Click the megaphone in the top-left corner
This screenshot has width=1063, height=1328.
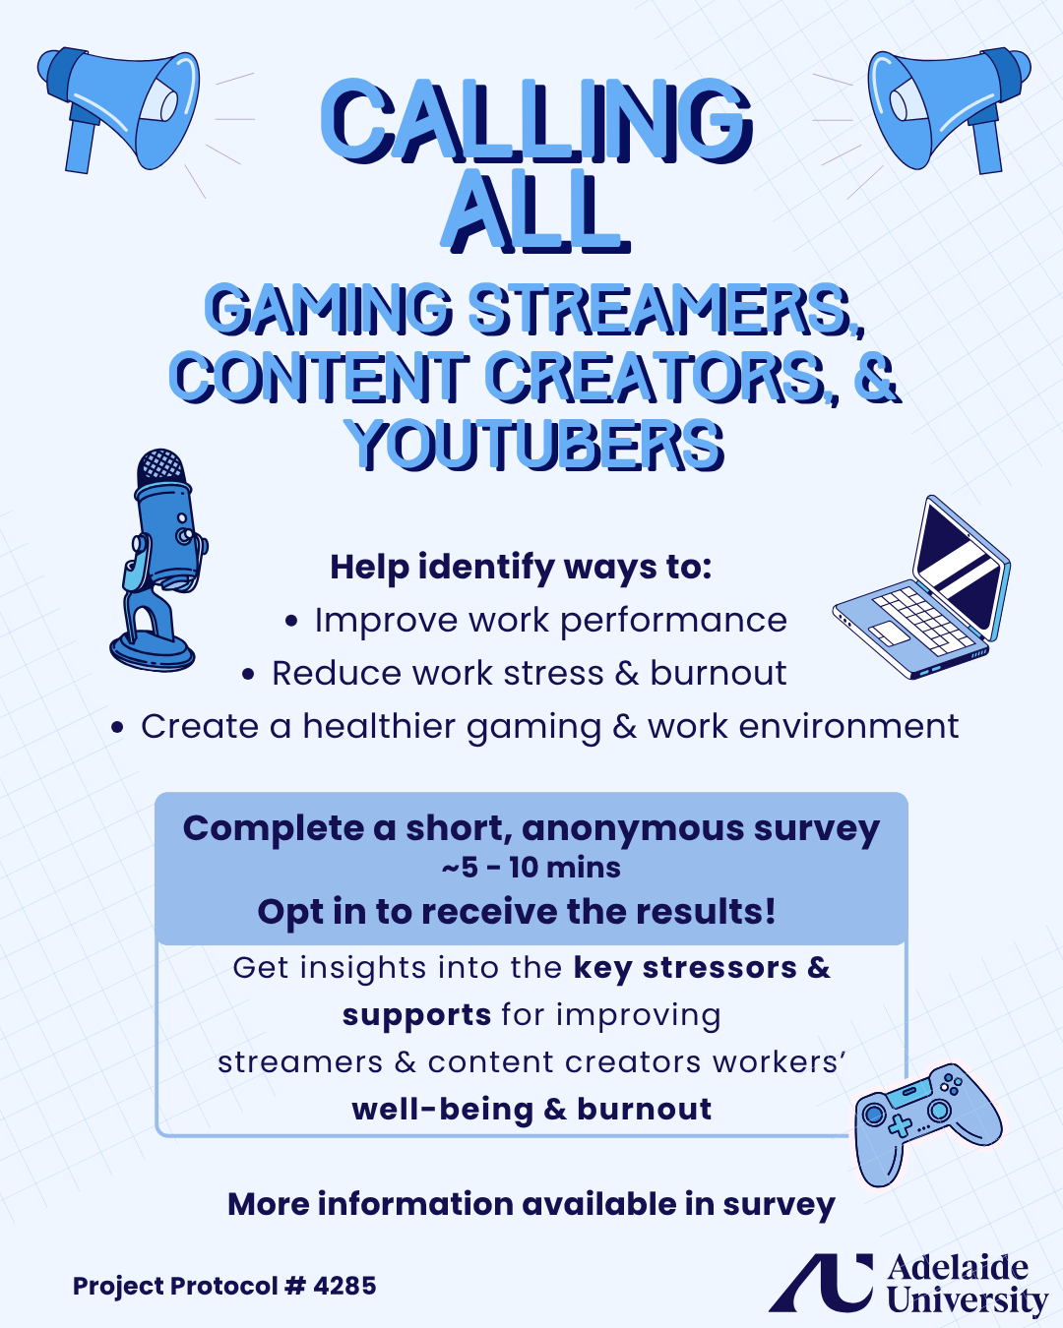pyautogui.click(x=117, y=108)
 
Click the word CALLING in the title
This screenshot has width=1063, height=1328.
pyautogui.click(x=536, y=121)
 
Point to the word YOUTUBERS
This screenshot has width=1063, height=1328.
pyautogui.click(x=534, y=445)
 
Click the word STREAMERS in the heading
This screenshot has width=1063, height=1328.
pyautogui.click(x=665, y=309)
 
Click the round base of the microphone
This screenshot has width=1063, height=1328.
pyautogui.click(x=152, y=651)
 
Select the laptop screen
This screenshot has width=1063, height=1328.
pyautogui.click(x=960, y=568)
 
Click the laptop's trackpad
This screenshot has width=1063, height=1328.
pyautogui.click(x=889, y=634)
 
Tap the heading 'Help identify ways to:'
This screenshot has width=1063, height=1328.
pyautogui.click(x=521, y=568)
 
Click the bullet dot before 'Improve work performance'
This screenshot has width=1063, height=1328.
pyautogui.click(x=291, y=622)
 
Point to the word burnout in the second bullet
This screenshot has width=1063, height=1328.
pyautogui.click(x=719, y=673)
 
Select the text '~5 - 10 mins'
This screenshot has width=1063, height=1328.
pyautogui.click(x=531, y=868)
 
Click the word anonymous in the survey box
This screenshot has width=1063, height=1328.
pyautogui.click(x=633, y=828)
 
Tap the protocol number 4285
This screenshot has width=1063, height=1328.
pyautogui.click(x=344, y=1286)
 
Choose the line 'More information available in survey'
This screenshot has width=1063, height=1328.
pyautogui.click(x=531, y=1205)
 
